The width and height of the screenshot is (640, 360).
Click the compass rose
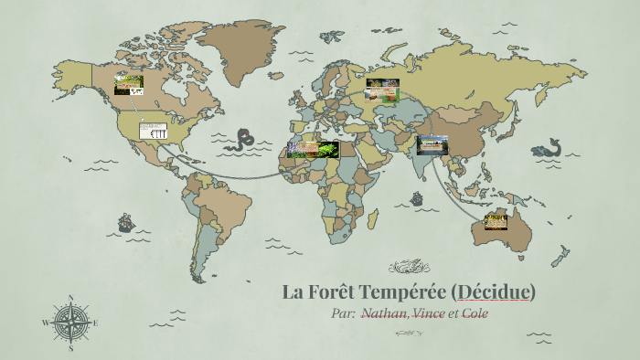(70, 323)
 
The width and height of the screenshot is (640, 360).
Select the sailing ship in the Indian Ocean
(417, 198)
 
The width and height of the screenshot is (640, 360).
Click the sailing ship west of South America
(125, 222)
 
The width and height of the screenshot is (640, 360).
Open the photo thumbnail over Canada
(128, 85)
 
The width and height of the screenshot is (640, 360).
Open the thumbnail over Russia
(382, 89)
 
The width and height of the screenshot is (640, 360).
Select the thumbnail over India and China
(432, 144)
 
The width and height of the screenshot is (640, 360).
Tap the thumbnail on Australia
(496, 221)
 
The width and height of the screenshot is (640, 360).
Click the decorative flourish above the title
(409, 267)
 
